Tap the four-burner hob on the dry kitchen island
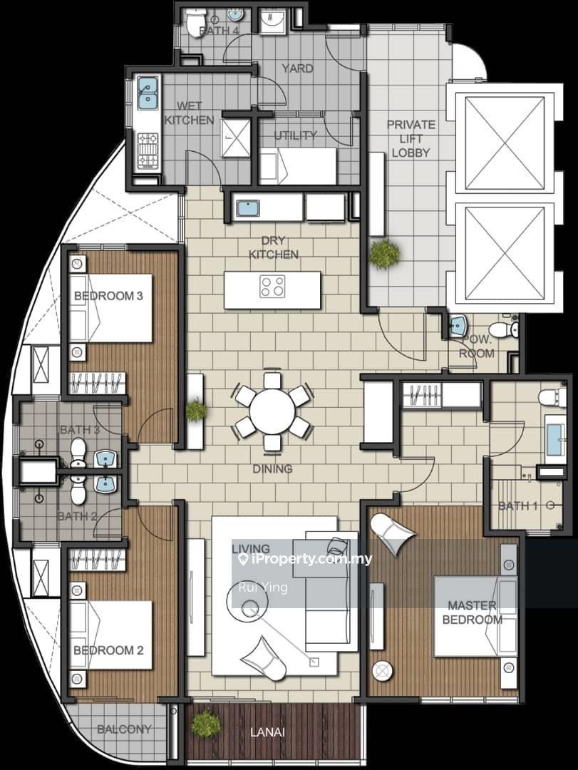272,287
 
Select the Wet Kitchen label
189,113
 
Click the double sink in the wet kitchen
147,93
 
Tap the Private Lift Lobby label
411,138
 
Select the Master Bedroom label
473,612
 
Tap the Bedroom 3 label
108,296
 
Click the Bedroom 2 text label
108,650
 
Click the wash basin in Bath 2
105,484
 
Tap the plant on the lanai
205,724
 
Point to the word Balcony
124,729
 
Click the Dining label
272,469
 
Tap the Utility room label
295,135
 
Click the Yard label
298,68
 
